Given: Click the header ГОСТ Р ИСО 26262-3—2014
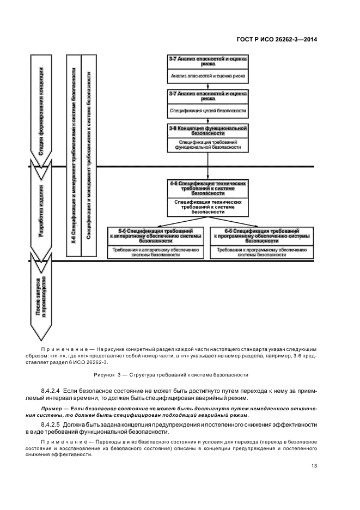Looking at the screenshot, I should pos(278,39).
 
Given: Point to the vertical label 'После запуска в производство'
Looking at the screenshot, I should pos(42,297).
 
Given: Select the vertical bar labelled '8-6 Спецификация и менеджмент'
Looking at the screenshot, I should pos(73,155).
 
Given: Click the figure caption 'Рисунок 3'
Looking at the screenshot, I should pos(171,374).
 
